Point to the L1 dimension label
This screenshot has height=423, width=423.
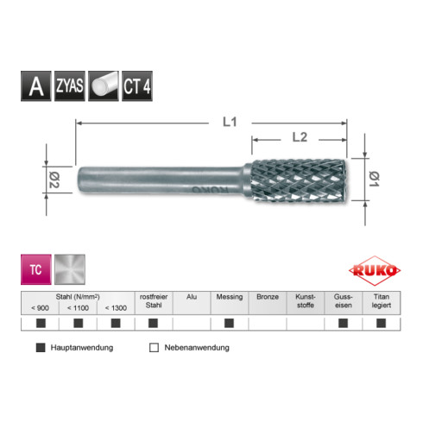click(225, 122)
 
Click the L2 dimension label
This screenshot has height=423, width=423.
click(300, 136)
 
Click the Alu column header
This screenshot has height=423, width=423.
click(192, 296)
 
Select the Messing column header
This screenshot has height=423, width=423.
click(229, 296)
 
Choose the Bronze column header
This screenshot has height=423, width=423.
click(267, 296)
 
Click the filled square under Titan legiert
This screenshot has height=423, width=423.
click(381, 324)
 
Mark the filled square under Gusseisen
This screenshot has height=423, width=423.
click(343, 324)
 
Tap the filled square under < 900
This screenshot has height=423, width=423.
click(40, 324)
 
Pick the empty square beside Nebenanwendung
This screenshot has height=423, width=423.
click(154, 348)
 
